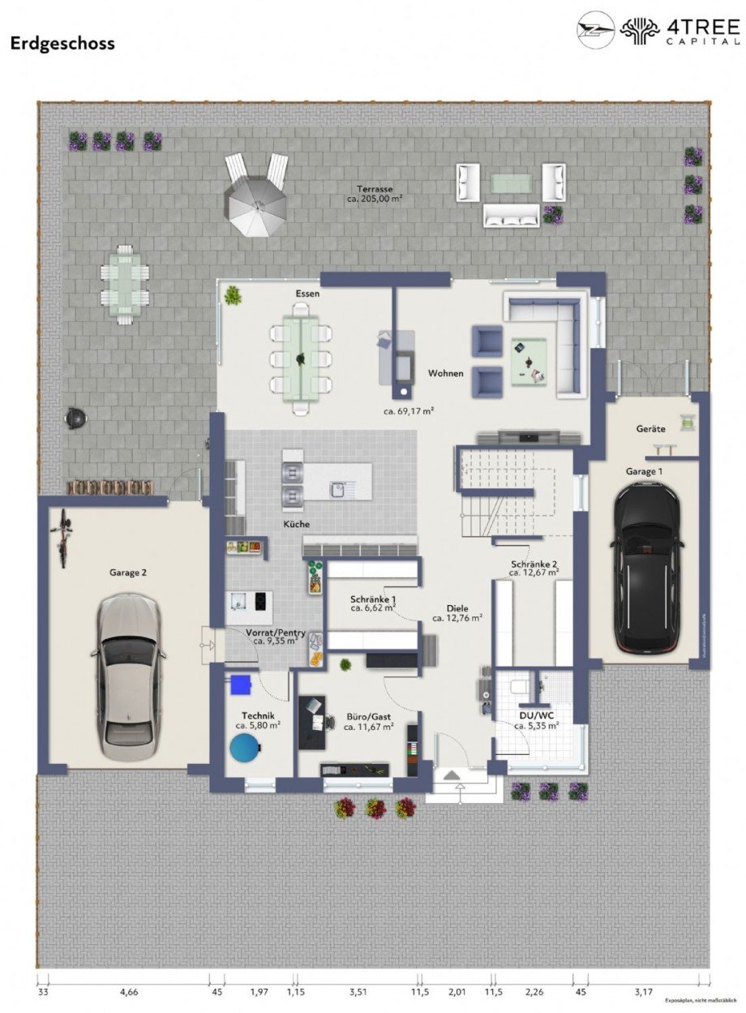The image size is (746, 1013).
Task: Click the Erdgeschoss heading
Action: tap(62, 44)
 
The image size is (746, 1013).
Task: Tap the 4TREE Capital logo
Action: tap(658, 30)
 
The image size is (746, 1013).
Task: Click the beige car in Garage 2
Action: tap(131, 676)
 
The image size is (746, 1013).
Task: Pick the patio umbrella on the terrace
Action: tap(255, 200)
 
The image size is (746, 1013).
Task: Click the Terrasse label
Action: tap(375, 188)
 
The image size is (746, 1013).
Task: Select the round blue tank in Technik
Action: tap(245, 749)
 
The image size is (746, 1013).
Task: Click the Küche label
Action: tap(296, 524)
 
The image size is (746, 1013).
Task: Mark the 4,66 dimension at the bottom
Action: tap(129, 991)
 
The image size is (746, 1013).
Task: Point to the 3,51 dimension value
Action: tap(358, 991)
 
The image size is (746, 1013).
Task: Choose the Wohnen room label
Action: tap(446, 373)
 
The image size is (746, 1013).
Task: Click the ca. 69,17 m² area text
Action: tap(409, 411)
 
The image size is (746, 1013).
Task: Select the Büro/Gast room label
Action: tap(369, 717)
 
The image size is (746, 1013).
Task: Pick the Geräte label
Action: tap(650, 429)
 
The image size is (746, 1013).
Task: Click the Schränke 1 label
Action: tap(373, 597)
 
